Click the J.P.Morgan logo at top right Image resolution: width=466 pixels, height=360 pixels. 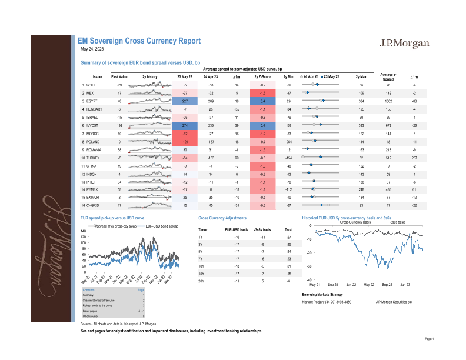pos(404,44)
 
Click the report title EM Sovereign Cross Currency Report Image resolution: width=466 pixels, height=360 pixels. pos(139,41)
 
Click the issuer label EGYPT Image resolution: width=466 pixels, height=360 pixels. pos(92,101)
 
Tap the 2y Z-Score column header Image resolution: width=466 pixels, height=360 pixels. pos(262,77)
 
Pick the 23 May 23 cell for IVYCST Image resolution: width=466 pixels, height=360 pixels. pos(185,126)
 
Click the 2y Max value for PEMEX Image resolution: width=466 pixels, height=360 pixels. pos(361,189)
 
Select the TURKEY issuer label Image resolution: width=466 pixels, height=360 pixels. pos(93,158)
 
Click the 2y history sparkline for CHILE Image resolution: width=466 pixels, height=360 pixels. pos(149,85)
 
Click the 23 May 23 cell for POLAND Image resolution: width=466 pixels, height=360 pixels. pos(185,142)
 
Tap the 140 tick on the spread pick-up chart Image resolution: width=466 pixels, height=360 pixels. pos(84,231)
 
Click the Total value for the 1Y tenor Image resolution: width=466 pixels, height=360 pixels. pos(288,236)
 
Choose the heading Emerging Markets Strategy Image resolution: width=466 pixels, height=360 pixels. pos(322,294)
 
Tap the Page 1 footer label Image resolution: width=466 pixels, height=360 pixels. pos(429,339)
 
